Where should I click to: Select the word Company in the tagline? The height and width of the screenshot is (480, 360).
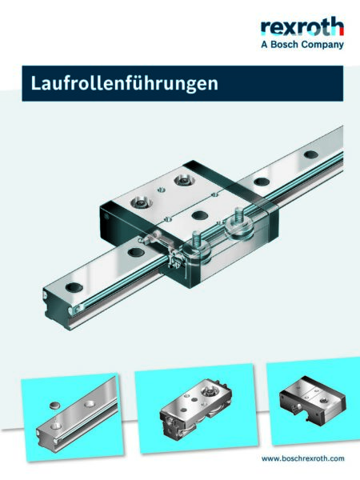(x=324, y=45)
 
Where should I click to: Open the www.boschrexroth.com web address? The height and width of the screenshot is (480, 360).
(x=303, y=458)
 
